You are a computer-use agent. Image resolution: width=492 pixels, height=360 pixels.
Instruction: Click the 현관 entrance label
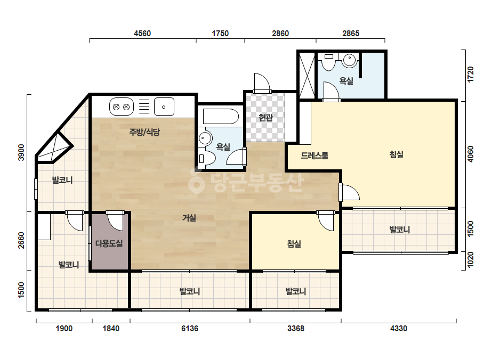point(265,118)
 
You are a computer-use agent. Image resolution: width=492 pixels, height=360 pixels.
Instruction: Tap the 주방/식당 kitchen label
point(144,132)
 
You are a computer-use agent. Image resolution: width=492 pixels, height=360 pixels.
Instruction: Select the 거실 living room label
point(189,218)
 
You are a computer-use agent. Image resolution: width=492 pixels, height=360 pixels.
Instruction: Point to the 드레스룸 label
point(314,155)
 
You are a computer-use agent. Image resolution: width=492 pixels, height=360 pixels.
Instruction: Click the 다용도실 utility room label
point(109,243)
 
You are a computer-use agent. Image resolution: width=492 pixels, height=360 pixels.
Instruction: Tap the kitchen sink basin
point(164,107)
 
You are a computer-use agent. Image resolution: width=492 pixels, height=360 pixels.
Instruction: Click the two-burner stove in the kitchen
point(122,107)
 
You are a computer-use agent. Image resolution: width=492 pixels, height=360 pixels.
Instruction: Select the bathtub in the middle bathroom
point(221,117)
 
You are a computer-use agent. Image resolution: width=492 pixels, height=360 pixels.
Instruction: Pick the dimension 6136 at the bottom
point(190,329)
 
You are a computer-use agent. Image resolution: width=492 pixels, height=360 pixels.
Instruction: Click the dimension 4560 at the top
point(142,33)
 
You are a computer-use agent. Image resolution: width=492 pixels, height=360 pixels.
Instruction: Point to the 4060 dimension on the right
point(470,154)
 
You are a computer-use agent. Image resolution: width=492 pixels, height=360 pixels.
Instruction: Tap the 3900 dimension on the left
point(21,152)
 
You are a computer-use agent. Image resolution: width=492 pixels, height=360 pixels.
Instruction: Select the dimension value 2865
point(351,33)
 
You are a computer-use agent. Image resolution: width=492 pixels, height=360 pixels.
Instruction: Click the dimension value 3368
point(296,329)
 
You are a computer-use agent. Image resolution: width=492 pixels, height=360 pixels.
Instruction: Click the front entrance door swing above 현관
point(262,82)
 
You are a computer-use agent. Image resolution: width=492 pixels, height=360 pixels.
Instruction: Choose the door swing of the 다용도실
point(115,222)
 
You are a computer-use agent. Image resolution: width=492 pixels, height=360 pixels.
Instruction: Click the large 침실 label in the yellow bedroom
point(396,154)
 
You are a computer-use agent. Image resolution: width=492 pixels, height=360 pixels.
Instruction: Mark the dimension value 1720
point(470,75)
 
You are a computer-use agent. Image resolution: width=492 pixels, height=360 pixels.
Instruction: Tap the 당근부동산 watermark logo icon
point(196,181)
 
